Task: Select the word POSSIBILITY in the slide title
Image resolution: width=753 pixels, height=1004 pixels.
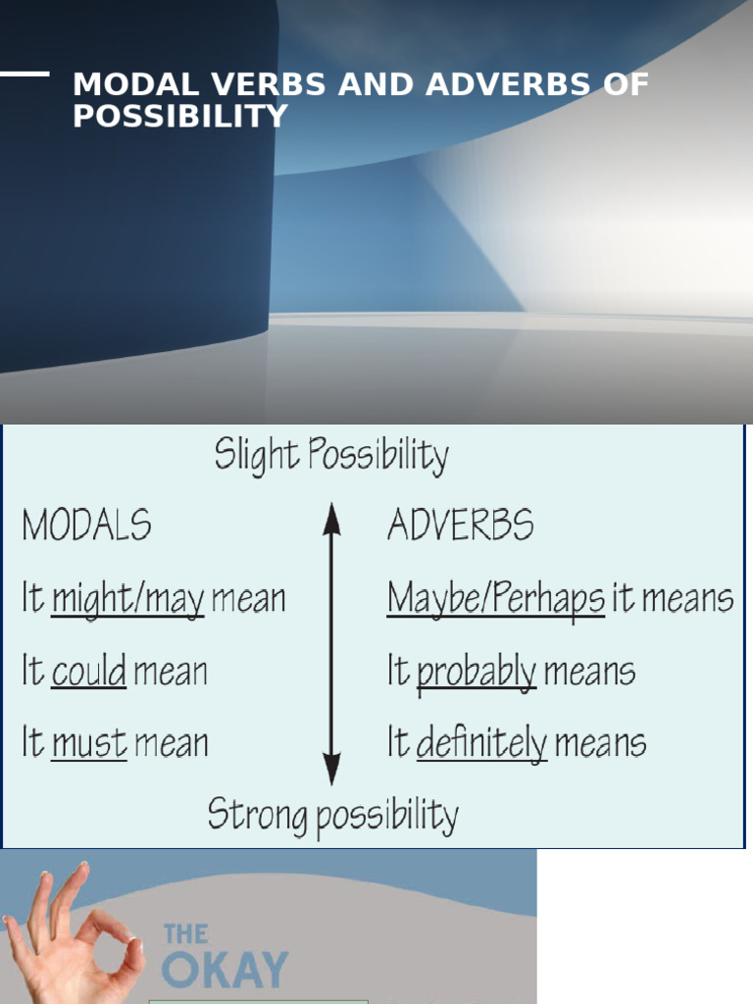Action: click(180, 116)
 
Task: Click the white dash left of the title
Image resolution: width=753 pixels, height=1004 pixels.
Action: click(25, 74)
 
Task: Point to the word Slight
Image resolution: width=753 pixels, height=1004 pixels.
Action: click(256, 456)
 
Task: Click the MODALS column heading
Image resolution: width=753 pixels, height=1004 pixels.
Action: click(86, 527)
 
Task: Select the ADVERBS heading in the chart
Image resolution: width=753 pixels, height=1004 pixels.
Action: click(460, 527)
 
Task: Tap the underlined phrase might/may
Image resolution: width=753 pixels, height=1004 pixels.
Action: click(127, 599)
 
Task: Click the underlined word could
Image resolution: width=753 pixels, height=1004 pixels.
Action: click(88, 672)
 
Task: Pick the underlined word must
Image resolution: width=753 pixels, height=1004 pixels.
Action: click(89, 744)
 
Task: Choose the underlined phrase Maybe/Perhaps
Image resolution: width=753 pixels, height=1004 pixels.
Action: click(495, 599)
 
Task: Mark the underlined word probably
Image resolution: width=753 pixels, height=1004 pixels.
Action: click(477, 673)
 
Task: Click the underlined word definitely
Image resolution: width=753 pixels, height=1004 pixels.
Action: click(481, 744)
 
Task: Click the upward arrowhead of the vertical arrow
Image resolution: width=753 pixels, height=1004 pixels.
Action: click(332, 515)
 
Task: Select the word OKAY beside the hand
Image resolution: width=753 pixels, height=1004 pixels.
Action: click(225, 970)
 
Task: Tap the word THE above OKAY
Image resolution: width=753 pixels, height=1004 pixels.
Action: click(186, 933)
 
